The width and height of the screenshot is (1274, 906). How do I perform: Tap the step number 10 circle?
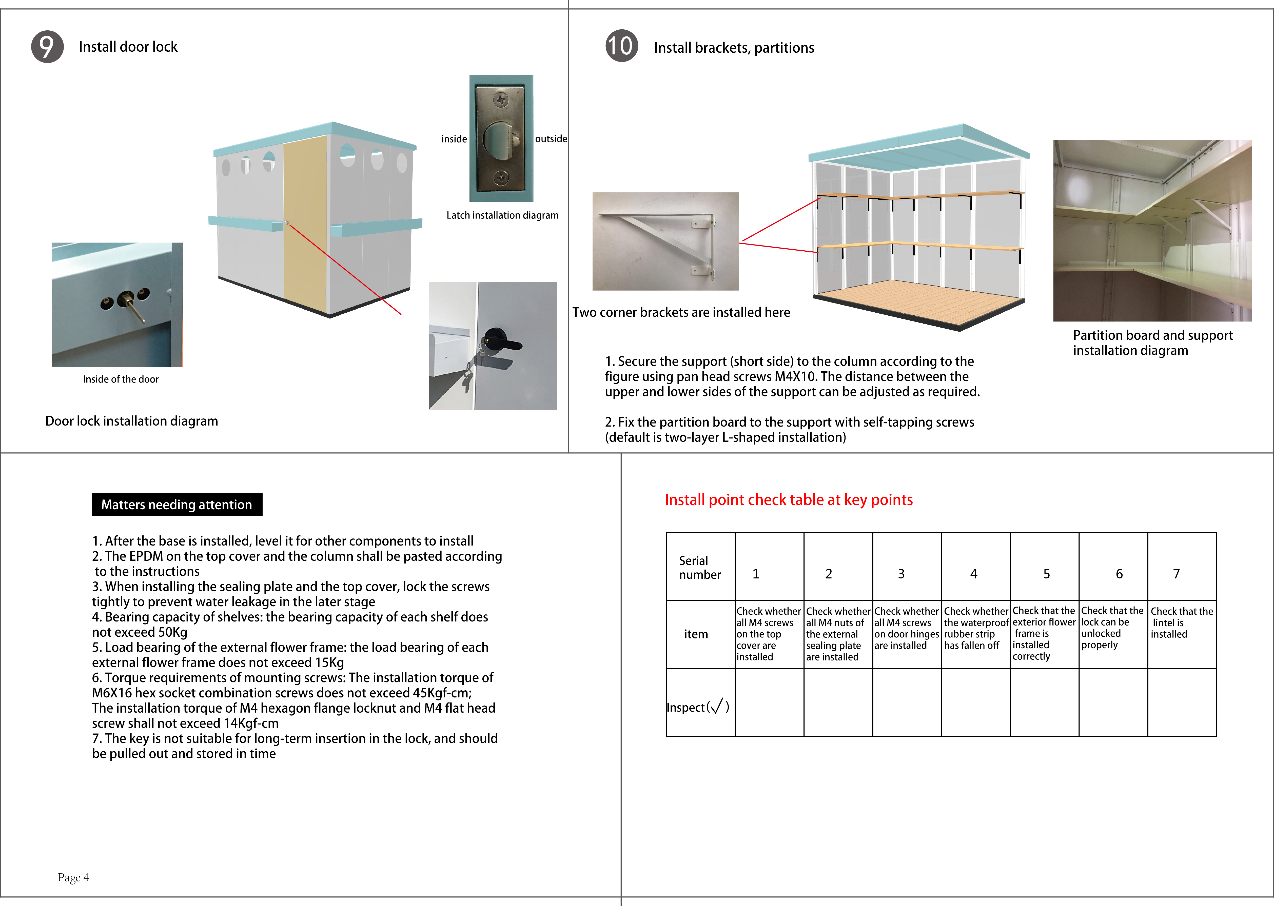pyautogui.click(x=621, y=46)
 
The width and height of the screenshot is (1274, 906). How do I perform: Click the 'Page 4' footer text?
pyautogui.click(x=73, y=878)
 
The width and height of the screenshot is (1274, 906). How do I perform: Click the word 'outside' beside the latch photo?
pyautogui.click(x=551, y=139)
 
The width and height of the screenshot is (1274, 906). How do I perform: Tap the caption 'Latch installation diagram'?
pyautogui.click(x=502, y=215)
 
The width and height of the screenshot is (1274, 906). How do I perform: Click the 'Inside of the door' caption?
pyautogui.click(x=121, y=379)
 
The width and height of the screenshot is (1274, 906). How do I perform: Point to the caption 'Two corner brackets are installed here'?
pyautogui.click(x=681, y=312)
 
